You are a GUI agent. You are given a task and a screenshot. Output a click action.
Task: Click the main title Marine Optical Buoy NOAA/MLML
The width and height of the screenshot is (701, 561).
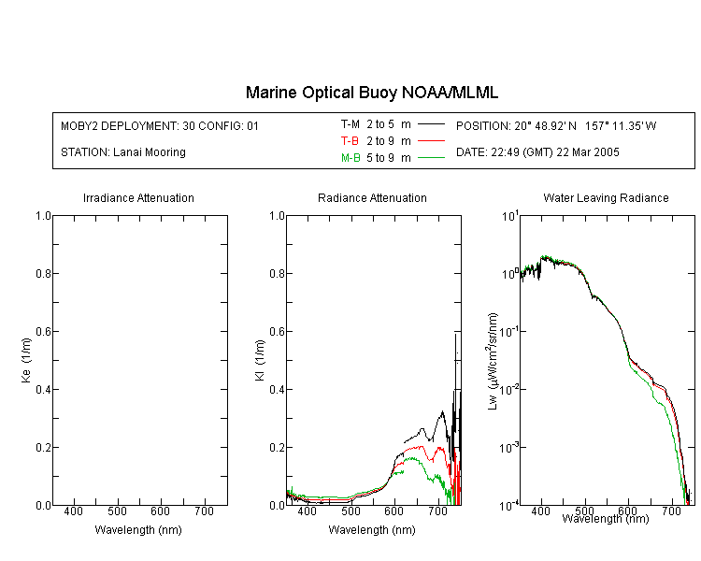pos(371,93)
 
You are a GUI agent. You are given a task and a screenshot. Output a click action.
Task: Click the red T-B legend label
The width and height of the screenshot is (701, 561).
pos(350,141)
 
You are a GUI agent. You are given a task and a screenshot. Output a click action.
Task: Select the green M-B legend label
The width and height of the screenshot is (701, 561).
pos(350,158)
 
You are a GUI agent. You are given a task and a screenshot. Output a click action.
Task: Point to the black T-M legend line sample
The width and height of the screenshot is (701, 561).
pos(431,124)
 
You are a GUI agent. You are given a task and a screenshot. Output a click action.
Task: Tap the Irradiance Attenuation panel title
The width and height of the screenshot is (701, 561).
pos(138,197)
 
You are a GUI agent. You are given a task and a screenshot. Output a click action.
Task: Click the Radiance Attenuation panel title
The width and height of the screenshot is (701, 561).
pos(372,197)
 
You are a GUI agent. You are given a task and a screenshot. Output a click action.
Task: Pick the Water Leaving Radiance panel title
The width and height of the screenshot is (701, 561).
pos(606,197)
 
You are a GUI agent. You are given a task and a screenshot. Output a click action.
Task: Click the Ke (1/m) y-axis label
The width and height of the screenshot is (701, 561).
pos(26,360)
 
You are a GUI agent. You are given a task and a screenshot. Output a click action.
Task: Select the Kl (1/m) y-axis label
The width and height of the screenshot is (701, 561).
pos(260,360)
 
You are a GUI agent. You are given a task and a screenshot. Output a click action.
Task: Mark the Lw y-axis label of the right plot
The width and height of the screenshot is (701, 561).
pos(493,361)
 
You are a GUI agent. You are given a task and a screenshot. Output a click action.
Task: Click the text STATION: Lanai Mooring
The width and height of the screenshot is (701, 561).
pos(123,152)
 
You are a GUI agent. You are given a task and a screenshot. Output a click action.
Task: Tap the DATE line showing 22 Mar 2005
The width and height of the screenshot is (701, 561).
pos(537,152)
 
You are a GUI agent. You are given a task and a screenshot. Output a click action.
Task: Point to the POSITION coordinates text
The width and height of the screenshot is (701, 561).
pos(556,125)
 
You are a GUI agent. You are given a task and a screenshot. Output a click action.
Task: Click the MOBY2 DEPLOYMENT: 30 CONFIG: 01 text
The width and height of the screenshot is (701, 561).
pos(160,125)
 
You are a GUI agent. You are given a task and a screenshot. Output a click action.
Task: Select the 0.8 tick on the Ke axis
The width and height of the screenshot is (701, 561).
pos(43,273)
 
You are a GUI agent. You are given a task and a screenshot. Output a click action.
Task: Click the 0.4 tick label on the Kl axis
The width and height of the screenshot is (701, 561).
pos(277,390)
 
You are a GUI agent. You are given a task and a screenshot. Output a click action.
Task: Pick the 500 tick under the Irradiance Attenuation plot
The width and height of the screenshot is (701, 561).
pos(117,511)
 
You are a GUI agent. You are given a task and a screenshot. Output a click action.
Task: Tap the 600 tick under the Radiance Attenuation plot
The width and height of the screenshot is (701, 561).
pos(393,511)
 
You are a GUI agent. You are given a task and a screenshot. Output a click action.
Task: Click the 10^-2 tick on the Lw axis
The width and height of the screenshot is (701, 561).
pos(509,389)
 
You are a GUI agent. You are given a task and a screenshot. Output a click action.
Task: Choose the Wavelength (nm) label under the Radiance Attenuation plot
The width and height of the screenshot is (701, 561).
pos(372,530)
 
